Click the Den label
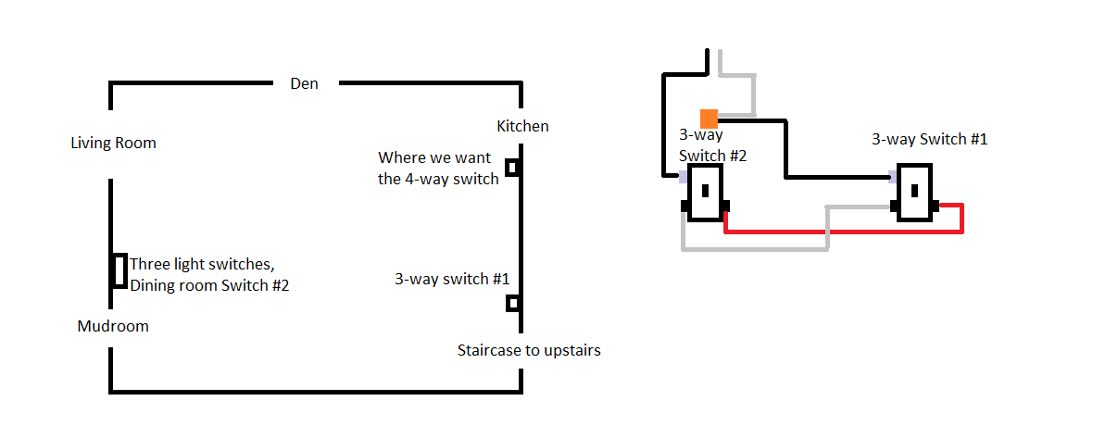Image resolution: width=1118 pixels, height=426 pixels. [304, 83]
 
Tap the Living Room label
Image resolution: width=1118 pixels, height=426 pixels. [113, 143]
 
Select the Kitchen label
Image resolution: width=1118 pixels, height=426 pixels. [522, 126]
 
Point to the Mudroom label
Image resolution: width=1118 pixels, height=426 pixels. [113, 326]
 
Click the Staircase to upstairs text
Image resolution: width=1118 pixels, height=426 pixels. [529, 351]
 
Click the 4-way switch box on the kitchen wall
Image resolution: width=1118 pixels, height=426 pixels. [511, 168]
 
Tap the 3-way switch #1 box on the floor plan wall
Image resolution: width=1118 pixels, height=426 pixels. [511, 303]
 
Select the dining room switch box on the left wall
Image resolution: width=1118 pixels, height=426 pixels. [119, 270]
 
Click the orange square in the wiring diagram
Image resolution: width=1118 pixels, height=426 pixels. [709, 119]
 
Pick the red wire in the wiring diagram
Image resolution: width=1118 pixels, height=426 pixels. [843, 230]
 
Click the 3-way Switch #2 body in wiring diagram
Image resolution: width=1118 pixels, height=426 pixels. [705, 193]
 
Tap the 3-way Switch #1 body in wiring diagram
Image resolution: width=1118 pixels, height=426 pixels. [914, 192]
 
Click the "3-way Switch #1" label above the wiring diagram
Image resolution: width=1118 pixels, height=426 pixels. [929, 139]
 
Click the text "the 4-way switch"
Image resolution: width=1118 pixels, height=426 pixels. [438, 179]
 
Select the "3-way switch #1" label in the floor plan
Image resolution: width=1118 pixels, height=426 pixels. [452, 278]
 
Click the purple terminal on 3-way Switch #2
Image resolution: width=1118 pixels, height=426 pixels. [684, 175]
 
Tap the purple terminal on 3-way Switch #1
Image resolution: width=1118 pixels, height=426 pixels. [893, 175]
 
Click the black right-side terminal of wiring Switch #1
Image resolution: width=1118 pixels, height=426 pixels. [937, 206]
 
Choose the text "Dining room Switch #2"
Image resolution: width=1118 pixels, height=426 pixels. [209, 286]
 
